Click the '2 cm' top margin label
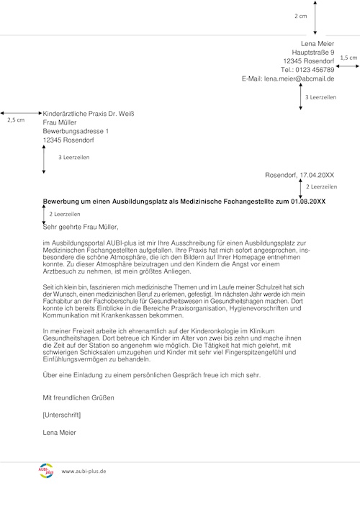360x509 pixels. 300,15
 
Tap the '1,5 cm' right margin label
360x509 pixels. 348,57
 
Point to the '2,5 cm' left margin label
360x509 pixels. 15,120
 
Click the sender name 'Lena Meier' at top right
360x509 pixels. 318,43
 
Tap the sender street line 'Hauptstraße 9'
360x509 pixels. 313,52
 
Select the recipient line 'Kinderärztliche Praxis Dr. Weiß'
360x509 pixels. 89,114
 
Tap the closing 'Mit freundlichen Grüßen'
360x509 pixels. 78,397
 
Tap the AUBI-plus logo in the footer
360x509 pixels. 45,470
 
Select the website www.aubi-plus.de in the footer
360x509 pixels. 84,471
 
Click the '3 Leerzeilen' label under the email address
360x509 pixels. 320,96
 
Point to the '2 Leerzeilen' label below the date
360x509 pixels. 321,186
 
